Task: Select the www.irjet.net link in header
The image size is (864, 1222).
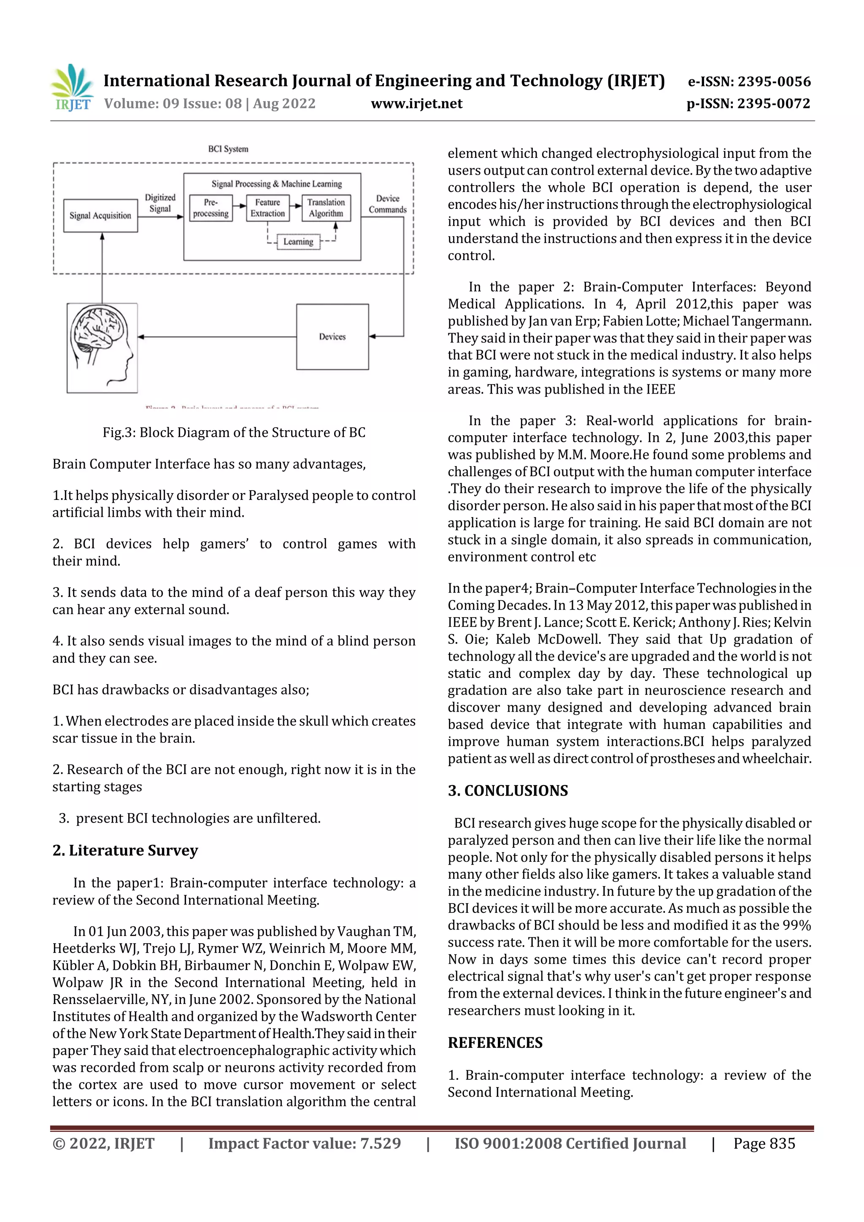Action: tap(416, 104)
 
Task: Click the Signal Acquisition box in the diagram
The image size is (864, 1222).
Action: tap(100, 216)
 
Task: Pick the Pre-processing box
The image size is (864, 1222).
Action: tap(211, 208)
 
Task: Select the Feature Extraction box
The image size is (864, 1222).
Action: tap(267, 208)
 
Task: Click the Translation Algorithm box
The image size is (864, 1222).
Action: tap(326, 208)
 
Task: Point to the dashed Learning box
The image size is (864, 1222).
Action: tap(298, 242)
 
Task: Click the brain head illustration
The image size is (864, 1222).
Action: tap(102, 348)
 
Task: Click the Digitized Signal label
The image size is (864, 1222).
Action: tap(160, 203)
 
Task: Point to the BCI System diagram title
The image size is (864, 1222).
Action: tap(228, 149)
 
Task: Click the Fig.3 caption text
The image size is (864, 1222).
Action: tap(234, 432)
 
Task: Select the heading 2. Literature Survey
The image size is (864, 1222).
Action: tap(125, 850)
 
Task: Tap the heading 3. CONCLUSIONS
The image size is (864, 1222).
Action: tap(508, 790)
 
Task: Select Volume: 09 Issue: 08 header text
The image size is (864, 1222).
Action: tap(210, 104)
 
